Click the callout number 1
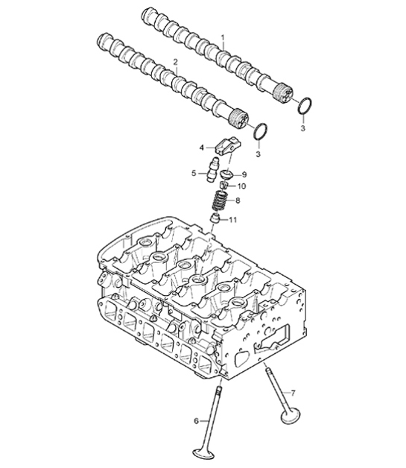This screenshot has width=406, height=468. tap(221, 37)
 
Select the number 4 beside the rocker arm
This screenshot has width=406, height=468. tap(201, 147)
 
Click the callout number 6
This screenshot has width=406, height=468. tap(197, 420)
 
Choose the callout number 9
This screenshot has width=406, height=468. tap(243, 174)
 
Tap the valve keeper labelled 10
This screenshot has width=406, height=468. tap(222, 186)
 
